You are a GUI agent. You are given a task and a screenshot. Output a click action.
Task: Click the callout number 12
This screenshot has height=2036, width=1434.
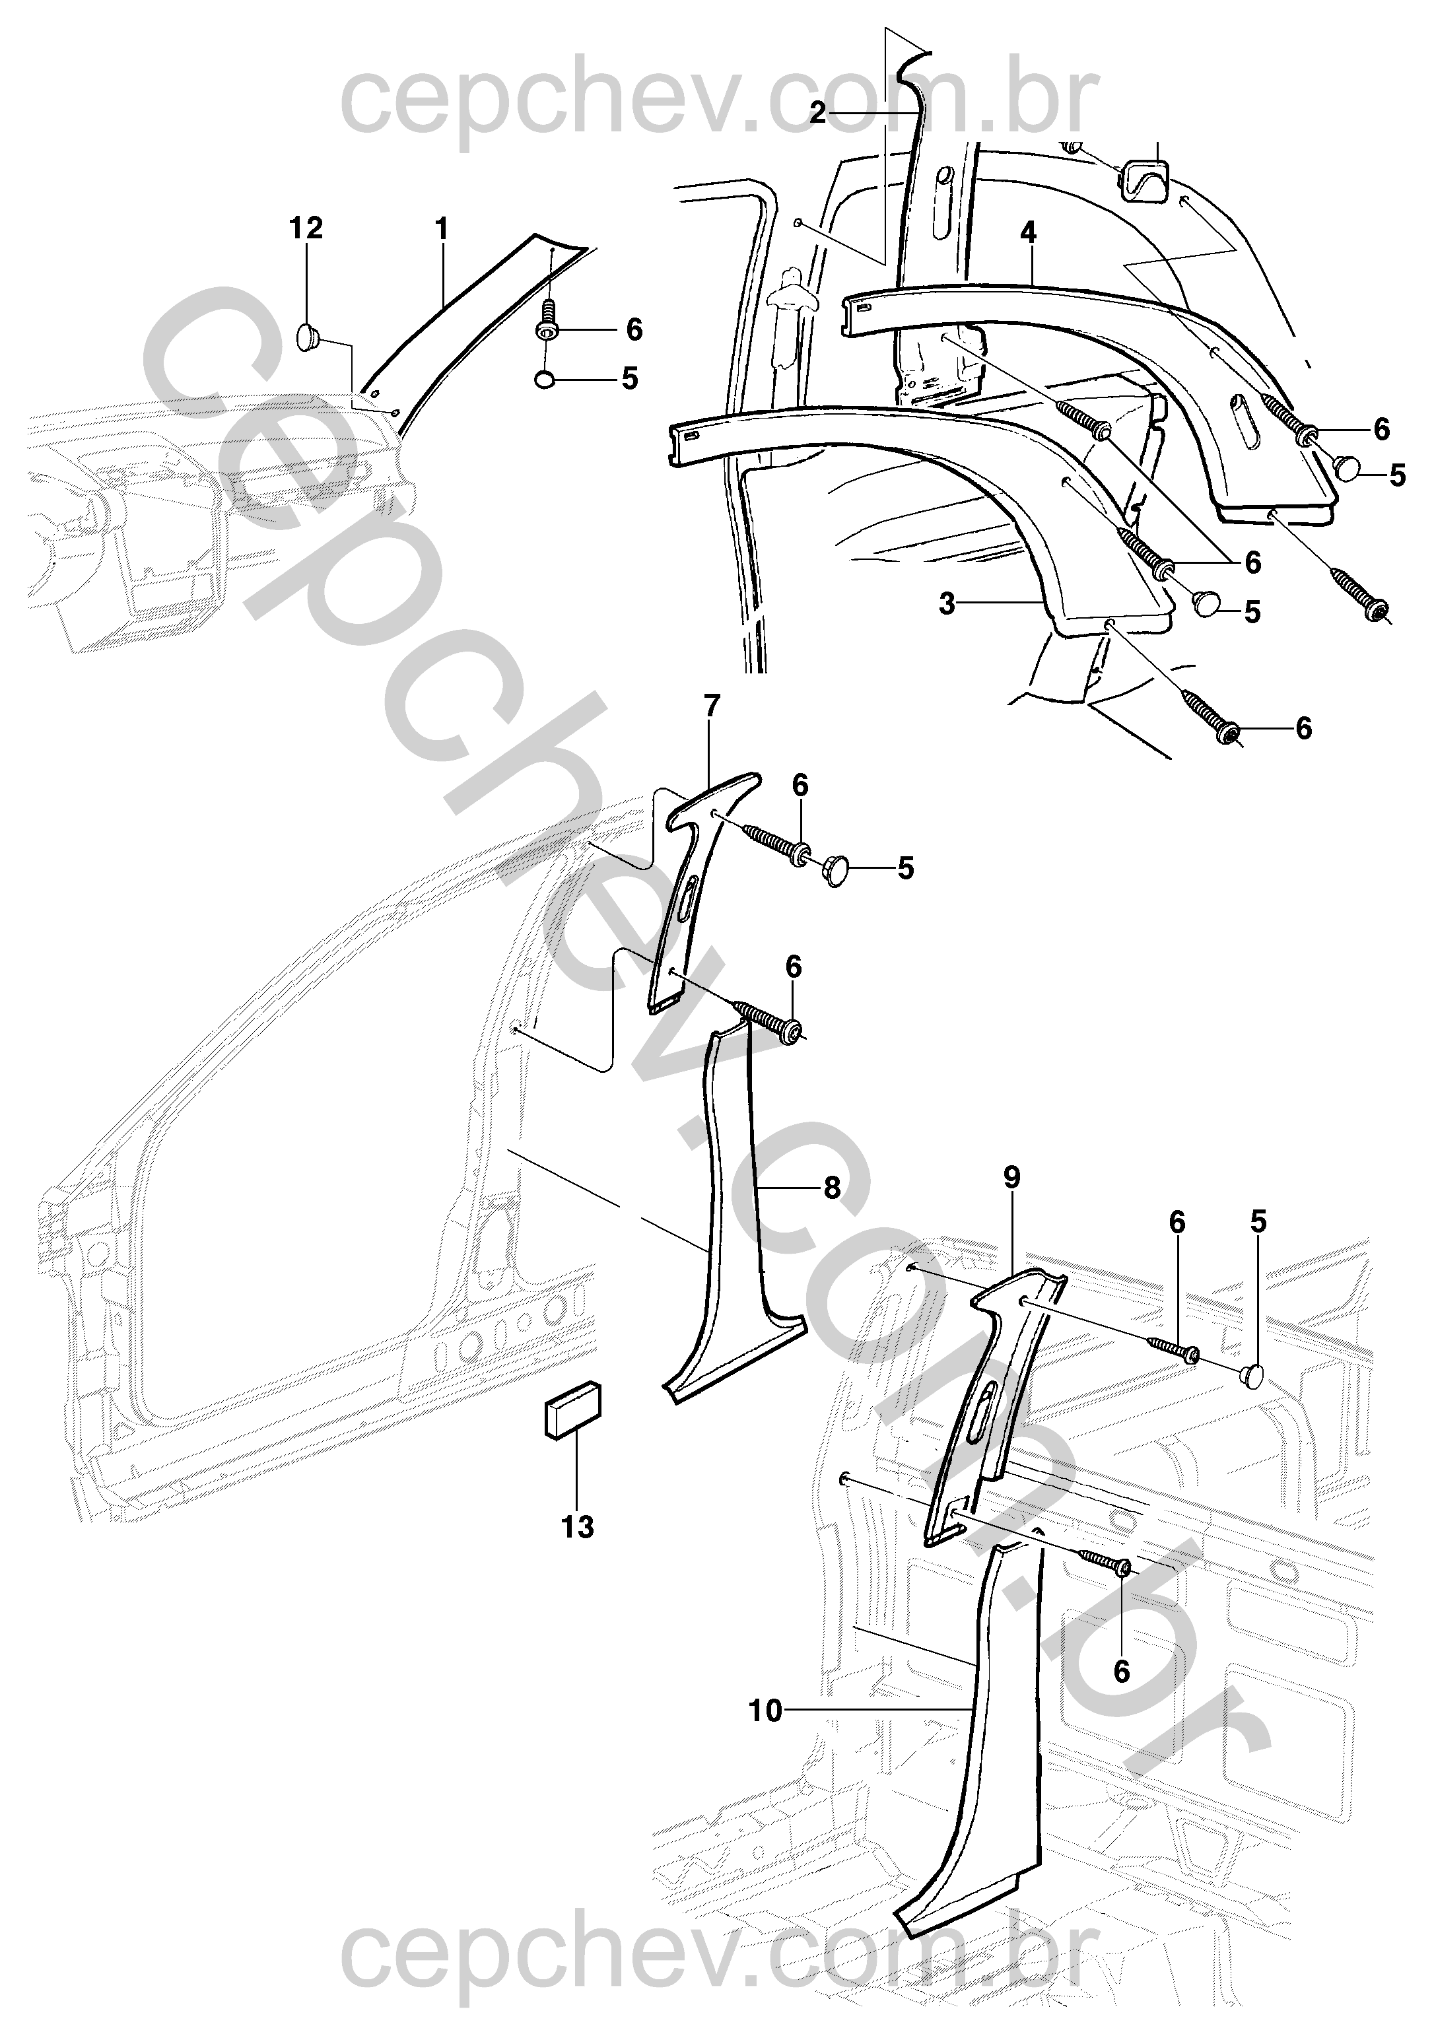tap(306, 229)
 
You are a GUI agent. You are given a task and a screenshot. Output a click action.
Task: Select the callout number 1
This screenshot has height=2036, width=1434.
tap(441, 229)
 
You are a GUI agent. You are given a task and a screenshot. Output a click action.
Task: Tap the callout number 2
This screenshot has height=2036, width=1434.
tap(817, 113)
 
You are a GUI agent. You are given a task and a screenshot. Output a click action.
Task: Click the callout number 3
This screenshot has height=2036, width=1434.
tap(947, 605)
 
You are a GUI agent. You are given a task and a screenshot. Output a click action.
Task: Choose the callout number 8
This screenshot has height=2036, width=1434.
tap(831, 1188)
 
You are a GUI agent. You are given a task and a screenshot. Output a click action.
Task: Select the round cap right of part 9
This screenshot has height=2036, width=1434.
tap(1254, 1375)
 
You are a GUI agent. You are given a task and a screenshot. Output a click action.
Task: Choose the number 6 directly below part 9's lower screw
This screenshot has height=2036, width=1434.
tap(1122, 1672)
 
